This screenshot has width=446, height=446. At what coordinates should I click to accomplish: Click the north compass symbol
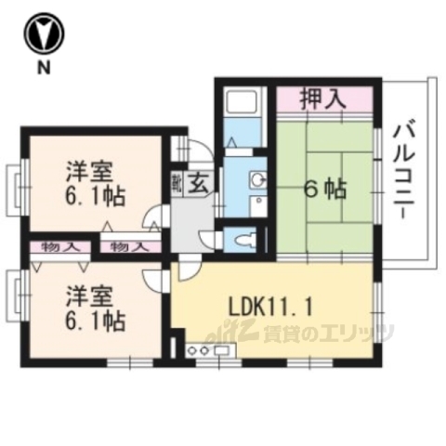tap(43, 36)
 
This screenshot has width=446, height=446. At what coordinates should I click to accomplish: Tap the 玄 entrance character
tap(199, 182)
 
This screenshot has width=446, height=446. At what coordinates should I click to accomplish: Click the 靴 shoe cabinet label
tap(177, 183)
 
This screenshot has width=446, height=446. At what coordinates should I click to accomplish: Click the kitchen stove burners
tap(199, 350)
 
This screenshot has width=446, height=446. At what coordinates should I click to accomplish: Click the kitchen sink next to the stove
tap(224, 350)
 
